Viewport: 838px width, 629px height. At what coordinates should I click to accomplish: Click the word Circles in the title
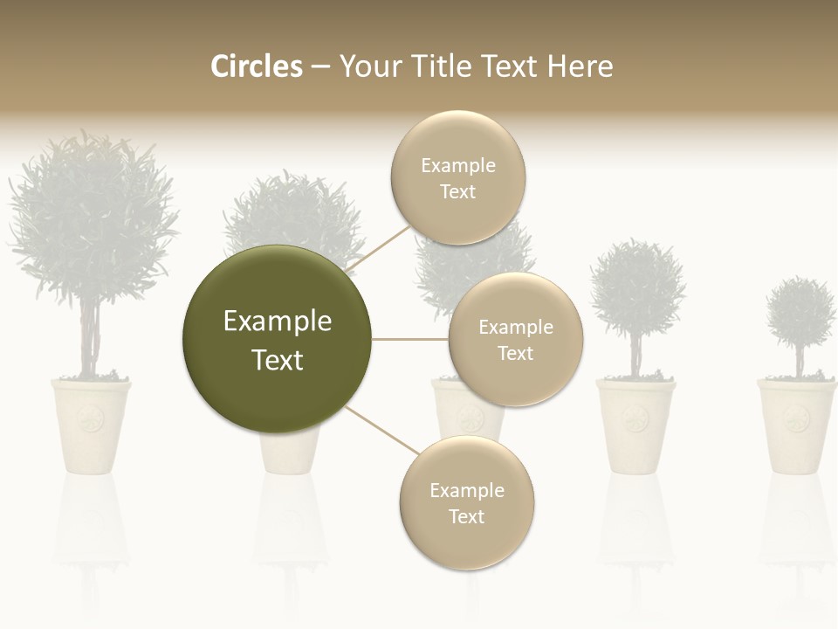click(256, 66)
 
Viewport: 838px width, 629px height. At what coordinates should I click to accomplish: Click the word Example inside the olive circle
click(277, 321)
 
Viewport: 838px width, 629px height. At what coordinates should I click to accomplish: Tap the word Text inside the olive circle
click(277, 360)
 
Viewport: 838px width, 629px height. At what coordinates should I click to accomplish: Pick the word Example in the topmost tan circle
click(458, 165)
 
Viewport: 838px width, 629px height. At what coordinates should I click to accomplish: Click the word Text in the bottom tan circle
click(466, 516)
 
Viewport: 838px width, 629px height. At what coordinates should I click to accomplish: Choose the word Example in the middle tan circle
click(516, 327)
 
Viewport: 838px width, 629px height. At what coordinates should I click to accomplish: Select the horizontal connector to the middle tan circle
click(410, 339)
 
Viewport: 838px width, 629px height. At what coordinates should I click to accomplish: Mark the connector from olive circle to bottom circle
click(382, 430)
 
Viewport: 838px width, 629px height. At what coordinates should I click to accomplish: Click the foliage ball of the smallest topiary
click(800, 313)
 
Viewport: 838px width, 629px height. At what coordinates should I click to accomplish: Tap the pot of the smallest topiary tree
click(795, 425)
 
